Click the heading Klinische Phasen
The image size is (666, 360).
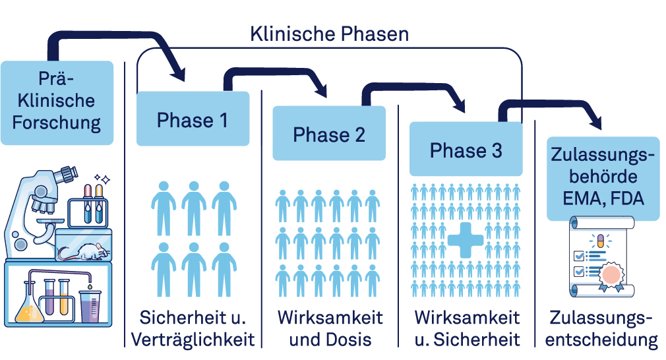click(x=329, y=34)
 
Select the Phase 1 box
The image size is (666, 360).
click(x=193, y=119)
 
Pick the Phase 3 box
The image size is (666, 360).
click(x=466, y=150)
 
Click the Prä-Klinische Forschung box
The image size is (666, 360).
click(x=57, y=102)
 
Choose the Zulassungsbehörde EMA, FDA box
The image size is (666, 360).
click(x=603, y=178)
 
